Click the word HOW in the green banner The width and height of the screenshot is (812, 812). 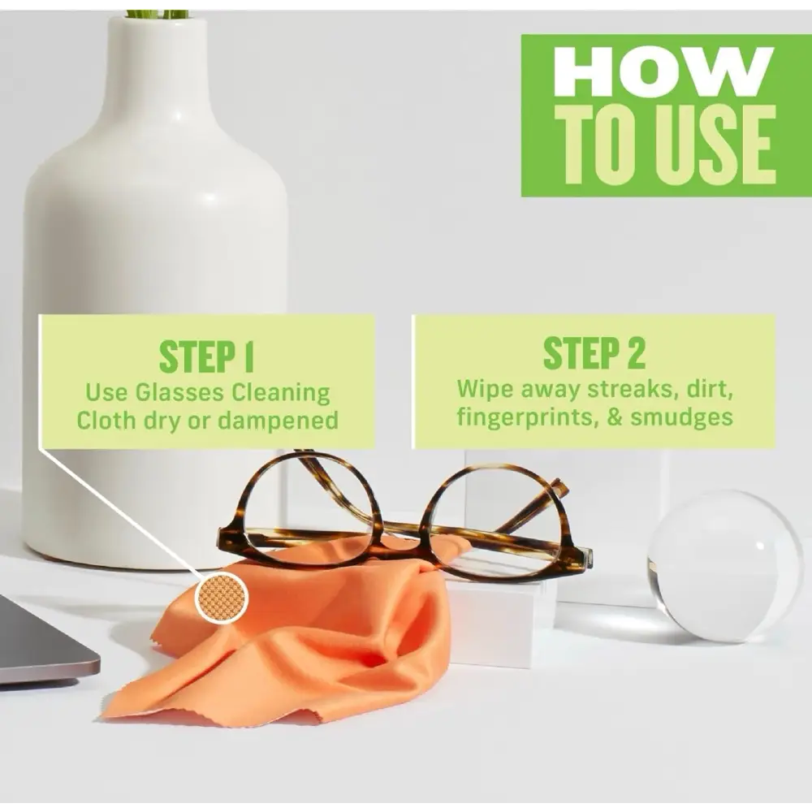click(x=663, y=75)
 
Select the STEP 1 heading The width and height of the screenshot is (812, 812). click(x=207, y=357)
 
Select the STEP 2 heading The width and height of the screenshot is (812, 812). click(x=594, y=354)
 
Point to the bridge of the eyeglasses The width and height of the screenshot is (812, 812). click(x=401, y=526)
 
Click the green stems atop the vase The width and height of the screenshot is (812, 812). click(x=157, y=13)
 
